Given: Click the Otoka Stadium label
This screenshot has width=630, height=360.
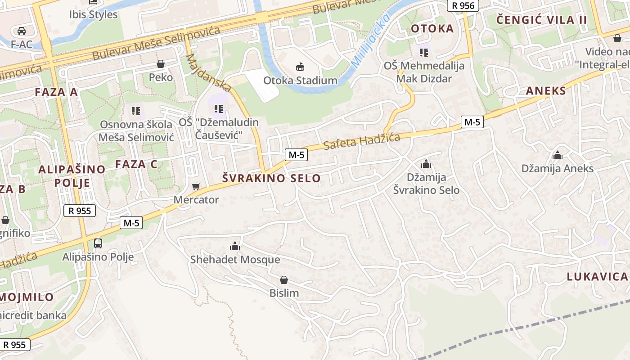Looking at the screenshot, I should pos(300,81).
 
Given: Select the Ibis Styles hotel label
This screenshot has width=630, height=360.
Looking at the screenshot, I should pos(93,14).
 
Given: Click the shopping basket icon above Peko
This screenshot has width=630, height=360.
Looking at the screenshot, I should pos(161,64).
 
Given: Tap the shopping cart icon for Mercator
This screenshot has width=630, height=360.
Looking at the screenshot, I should pos(196,187).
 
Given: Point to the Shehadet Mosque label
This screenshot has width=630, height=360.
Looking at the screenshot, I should pos(235,260).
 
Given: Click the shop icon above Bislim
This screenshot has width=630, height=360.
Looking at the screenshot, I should pos(284,280).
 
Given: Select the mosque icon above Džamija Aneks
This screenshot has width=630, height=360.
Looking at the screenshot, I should pos(558,156).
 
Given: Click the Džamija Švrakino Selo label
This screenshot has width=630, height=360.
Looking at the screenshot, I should pos(426,184).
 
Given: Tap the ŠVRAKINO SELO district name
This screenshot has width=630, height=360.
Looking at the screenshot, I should pos(271,178).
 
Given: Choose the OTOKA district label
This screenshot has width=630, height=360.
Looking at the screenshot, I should pos(432,29).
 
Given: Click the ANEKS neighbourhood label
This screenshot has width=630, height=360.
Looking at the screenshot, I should pos(546,91).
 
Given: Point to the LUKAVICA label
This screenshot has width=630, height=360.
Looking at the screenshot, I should pos(597,277).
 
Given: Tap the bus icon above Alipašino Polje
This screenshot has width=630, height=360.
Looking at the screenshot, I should pos(98,243).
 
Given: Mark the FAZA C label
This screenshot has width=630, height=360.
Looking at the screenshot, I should pos(136,164).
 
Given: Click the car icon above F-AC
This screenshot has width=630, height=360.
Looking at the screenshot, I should pos(21,31).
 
